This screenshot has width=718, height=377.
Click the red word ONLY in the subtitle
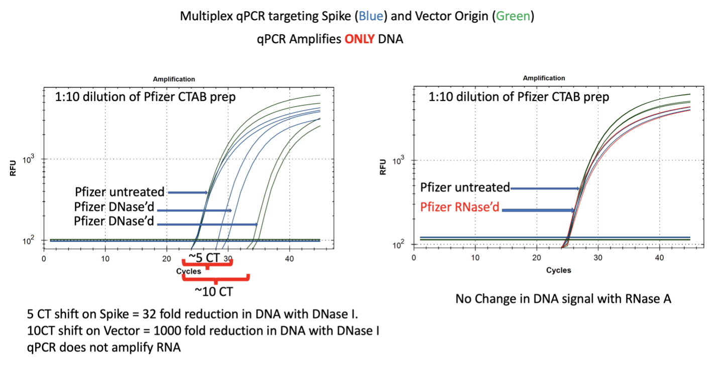tap(360, 39)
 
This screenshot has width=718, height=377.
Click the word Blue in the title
tap(370, 16)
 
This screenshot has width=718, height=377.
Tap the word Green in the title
tap(513, 16)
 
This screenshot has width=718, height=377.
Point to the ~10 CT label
tap(214, 291)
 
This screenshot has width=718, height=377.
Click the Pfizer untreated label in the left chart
tap(119, 192)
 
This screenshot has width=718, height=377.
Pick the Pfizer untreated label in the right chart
tap(465, 187)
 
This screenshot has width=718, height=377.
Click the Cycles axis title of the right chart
tap(558, 270)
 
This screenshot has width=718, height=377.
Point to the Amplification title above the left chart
tap(174, 79)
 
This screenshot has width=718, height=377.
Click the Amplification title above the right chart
tap(544, 78)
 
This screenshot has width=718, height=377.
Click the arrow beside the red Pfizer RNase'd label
tap(538, 210)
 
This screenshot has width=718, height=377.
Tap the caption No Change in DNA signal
tap(563, 299)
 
